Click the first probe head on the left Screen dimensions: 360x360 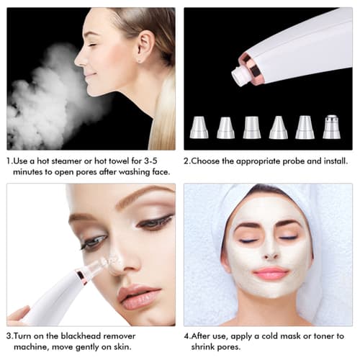coord(199,127)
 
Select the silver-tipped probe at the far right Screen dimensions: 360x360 coord(331,127)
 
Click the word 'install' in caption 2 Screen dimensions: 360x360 coord(333,161)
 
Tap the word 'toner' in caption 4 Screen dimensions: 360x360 coord(325,336)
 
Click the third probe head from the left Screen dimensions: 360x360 coord(251,127)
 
